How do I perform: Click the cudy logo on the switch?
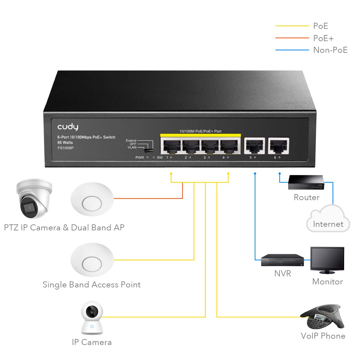click(x=68, y=127)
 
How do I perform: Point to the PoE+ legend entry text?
click(x=323, y=38)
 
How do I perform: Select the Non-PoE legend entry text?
click(x=330, y=50)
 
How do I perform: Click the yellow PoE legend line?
click(x=292, y=26)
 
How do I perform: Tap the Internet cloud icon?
click(x=328, y=219)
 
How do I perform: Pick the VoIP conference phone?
click(x=322, y=317)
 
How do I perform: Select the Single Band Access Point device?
click(x=92, y=260)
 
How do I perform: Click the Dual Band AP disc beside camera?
click(x=92, y=199)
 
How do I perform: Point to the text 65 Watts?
click(x=65, y=142)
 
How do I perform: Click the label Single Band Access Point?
click(x=91, y=285)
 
